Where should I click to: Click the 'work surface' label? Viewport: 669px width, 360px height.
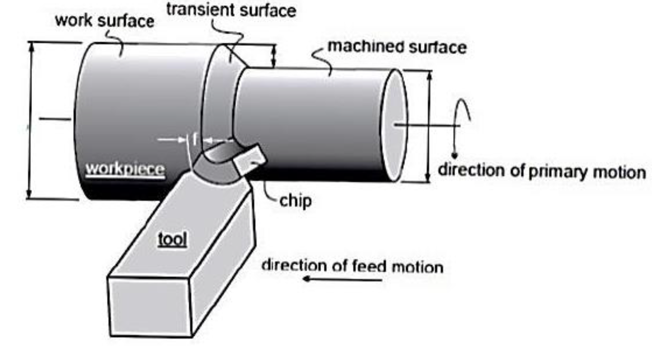pos(104,21)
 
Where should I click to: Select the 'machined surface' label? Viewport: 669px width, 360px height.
pos(397,47)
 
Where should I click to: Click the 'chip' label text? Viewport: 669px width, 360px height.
pos(295,201)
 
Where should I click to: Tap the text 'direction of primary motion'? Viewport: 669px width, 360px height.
pos(541,171)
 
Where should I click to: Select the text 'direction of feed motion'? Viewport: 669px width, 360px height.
pos(353,266)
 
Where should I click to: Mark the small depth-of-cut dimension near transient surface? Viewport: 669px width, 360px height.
pos(274,57)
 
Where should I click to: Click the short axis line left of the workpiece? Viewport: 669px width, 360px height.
pos(54,119)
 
